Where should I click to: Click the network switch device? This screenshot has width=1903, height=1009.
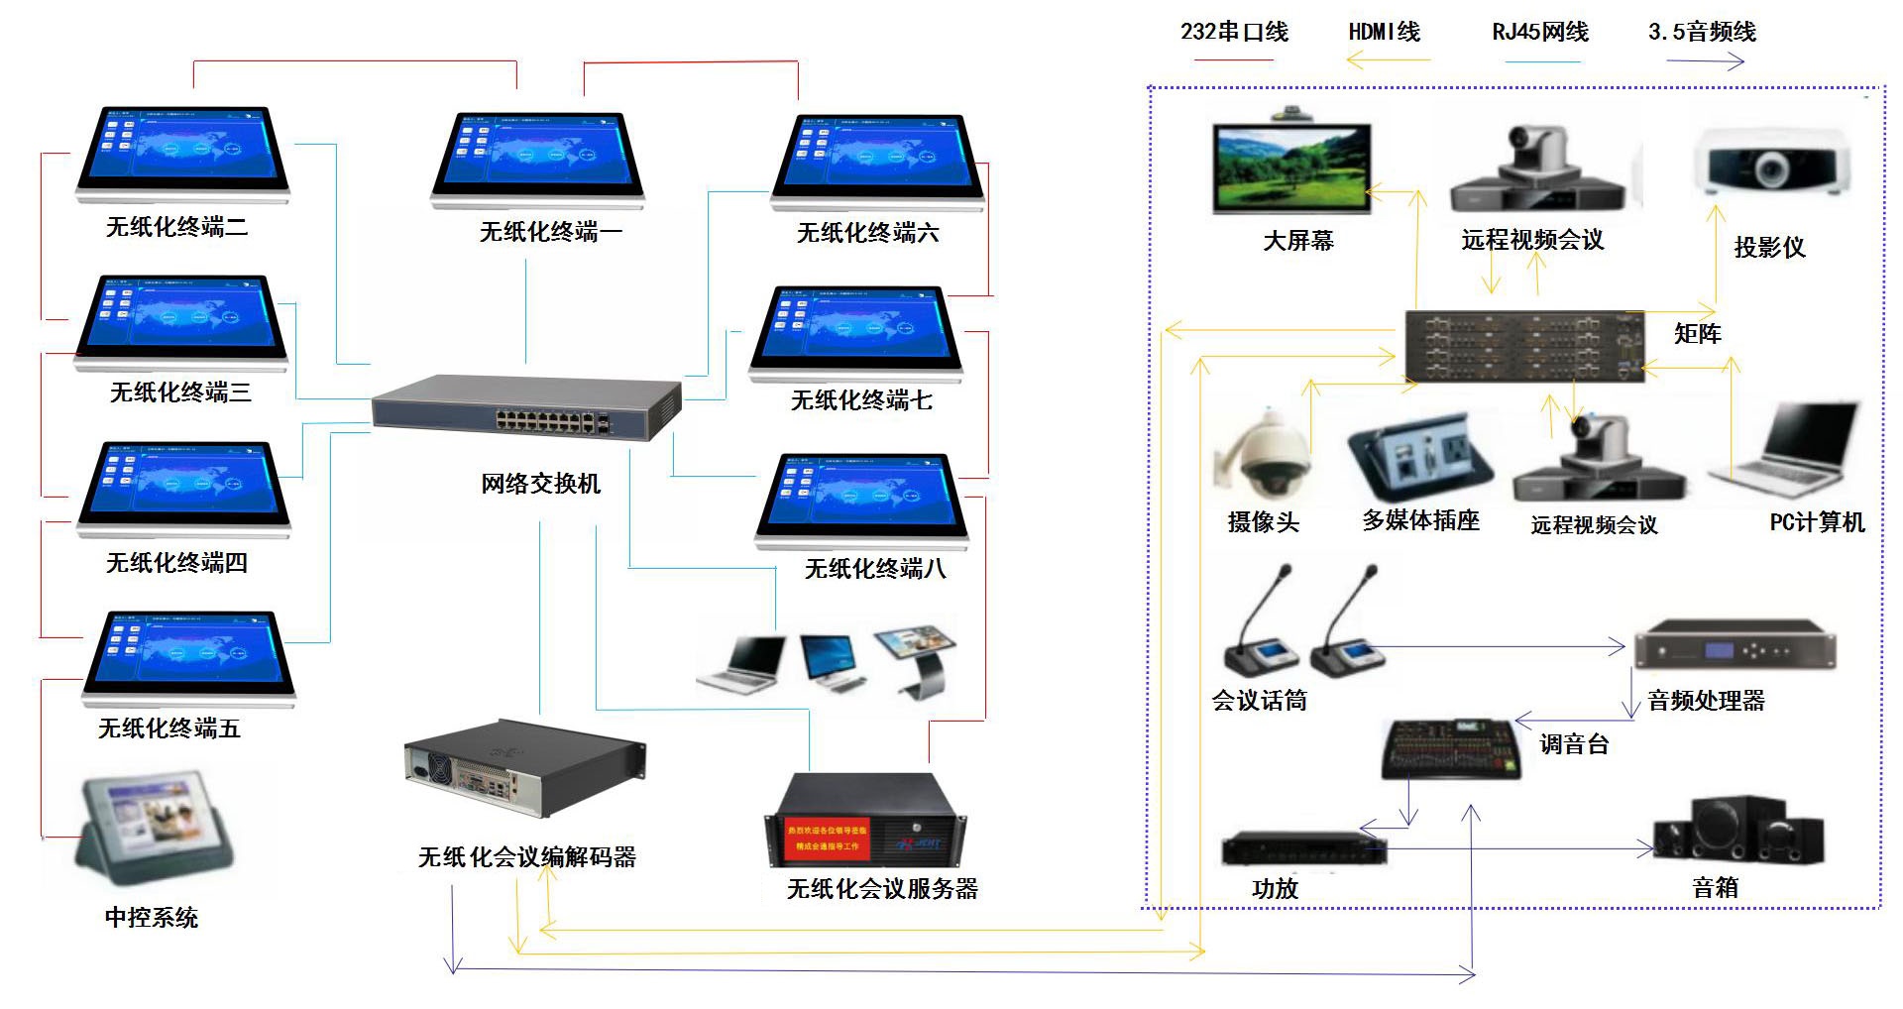click(x=526, y=407)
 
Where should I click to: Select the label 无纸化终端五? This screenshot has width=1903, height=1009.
click(x=169, y=729)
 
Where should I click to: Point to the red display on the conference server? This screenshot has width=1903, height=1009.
click(x=827, y=839)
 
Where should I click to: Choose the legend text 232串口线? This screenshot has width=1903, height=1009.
click(x=1234, y=32)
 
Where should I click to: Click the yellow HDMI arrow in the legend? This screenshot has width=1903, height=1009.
click(x=1388, y=61)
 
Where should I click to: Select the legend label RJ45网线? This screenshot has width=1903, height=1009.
click(x=1540, y=32)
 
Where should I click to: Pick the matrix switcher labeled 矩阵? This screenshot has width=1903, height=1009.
click(x=1523, y=346)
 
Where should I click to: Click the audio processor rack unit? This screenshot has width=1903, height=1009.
click(x=1735, y=649)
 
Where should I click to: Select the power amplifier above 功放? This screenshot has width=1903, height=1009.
click(x=1302, y=849)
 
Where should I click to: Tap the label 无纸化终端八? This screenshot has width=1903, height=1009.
click(x=875, y=569)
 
